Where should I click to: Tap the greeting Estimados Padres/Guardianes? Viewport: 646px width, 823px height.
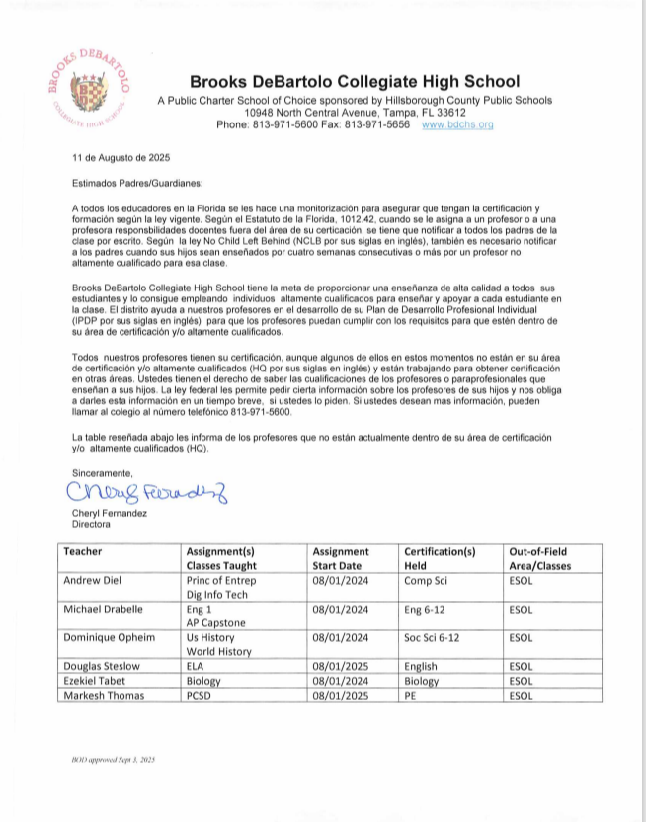coord(123,184)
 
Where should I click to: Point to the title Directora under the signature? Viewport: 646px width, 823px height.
coord(91,525)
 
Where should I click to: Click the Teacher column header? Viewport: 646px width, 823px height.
coord(83,551)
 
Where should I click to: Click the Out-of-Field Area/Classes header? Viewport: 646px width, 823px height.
coord(544,559)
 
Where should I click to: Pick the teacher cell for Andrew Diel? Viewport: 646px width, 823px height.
coord(91,581)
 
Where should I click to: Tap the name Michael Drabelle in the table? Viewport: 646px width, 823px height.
coord(104,609)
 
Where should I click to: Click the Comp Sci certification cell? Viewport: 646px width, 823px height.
coord(426,581)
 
